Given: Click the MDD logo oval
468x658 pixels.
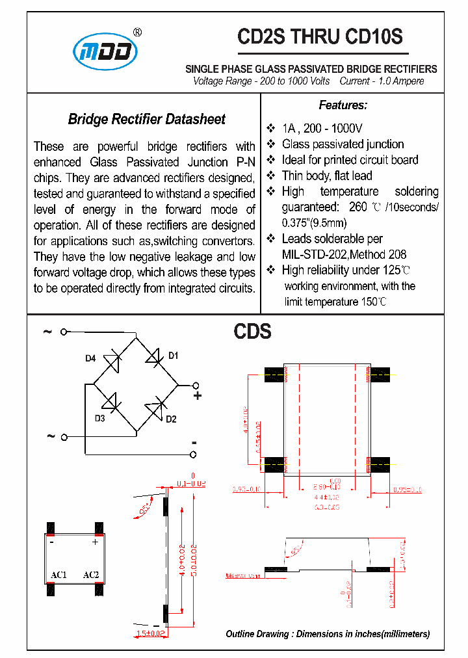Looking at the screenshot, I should click(x=105, y=51).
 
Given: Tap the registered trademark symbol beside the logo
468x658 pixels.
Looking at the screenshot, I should click(x=137, y=32).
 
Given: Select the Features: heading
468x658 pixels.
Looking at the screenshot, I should click(x=343, y=105).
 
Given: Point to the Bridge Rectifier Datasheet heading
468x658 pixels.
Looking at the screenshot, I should click(x=147, y=119).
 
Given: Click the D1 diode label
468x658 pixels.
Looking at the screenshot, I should click(x=173, y=356).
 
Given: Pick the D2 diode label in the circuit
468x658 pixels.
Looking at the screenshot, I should click(x=171, y=419).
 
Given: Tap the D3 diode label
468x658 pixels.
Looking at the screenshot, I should click(x=99, y=419).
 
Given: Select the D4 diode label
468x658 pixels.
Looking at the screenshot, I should click(x=90, y=358).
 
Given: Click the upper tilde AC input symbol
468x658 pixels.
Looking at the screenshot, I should click(x=47, y=332).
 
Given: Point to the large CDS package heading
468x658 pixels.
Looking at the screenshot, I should click(x=252, y=332).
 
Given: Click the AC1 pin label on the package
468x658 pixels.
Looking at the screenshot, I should click(x=58, y=575).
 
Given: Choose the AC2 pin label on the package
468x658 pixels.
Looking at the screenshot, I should click(x=91, y=575).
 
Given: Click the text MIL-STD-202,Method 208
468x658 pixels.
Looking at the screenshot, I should click(x=344, y=254).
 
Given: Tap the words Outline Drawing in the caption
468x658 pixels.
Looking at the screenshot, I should click(x=255, y=634).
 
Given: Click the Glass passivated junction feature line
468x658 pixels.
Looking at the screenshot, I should click(x=343, y=144).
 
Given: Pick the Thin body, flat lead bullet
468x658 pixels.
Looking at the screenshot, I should click(x=327, y=176).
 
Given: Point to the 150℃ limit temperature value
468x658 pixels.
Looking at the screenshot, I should click(x=374, y=302).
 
